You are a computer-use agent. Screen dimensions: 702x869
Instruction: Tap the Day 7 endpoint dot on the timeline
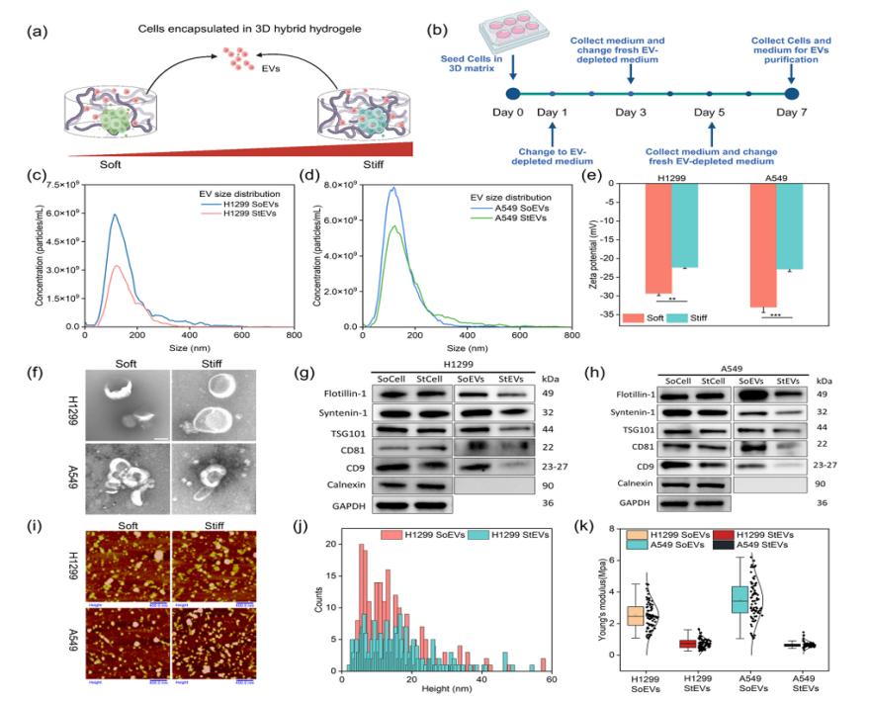[791, 94]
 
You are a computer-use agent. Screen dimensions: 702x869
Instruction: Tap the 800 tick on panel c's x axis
[294, 337]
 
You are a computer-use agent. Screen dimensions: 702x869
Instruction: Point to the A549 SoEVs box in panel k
[739, 600]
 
